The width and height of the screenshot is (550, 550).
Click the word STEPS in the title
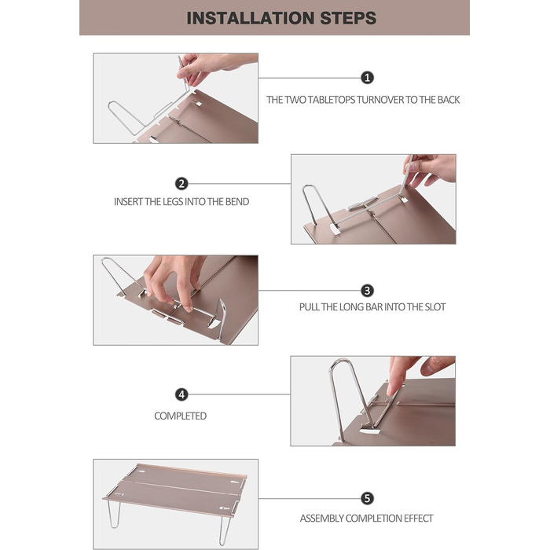pyautogui.click(x=348, y=18)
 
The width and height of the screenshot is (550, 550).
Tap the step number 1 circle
pyautogui.click(x=367, y=78)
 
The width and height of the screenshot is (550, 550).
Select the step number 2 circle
pyautogui.click(x=181, y=183)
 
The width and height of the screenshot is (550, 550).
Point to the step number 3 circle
pyautogui.click(x=367, y=291)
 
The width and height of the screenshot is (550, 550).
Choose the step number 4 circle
pyautogui.click(x=181, y=394)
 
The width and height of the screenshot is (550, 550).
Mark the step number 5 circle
pyautogui.click(x=367, y=498)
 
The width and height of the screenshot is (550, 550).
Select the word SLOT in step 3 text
pyautogui.click(x=435, y=307)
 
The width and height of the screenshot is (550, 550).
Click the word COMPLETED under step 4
pyautogui.click(x=180, y=416)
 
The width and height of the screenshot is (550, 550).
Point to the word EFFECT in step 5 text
pyautogui.click(x=419, y=519)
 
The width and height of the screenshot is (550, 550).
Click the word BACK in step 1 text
pyautogui.click(x=449, y=100)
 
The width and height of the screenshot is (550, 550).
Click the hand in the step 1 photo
pyautogui.click(x=211, y=67)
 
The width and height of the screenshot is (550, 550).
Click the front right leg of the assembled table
pyautogui.click(x=225, y=529)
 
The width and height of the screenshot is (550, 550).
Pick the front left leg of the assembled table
pyautogui.click(x=115, y=513)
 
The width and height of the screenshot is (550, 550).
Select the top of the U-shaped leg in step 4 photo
pyautogui.click(x=340, y=361)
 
